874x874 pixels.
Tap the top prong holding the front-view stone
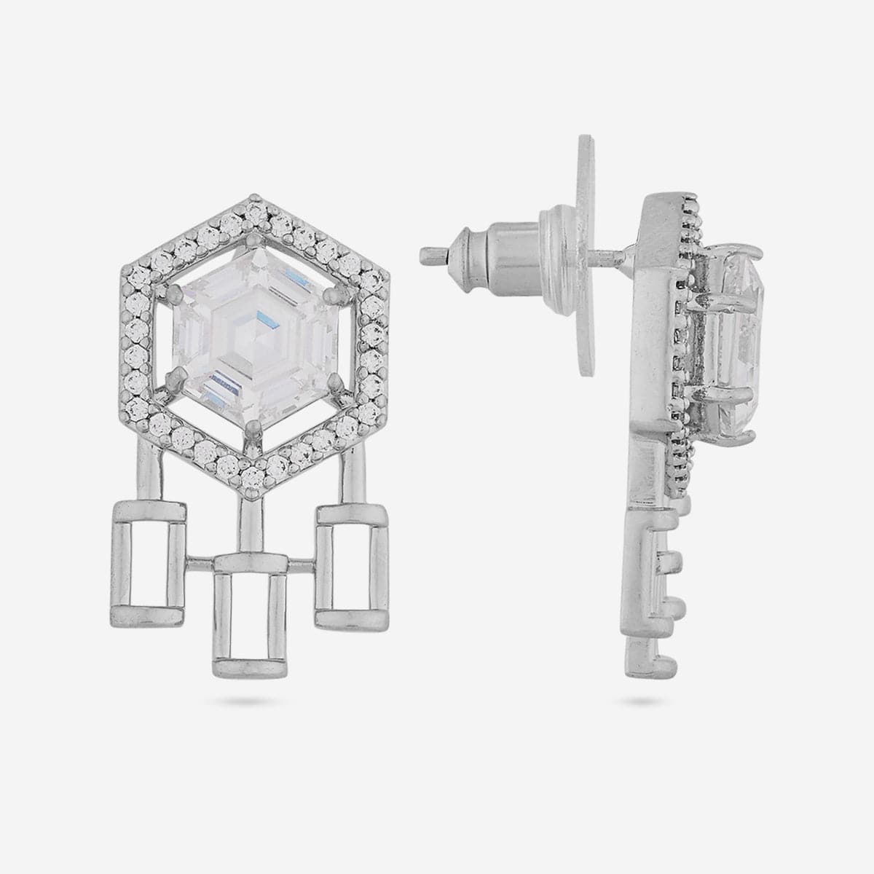pos(253,236)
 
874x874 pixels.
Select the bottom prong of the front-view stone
pos(252,426)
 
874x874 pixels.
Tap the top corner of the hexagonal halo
pos(253,197)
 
